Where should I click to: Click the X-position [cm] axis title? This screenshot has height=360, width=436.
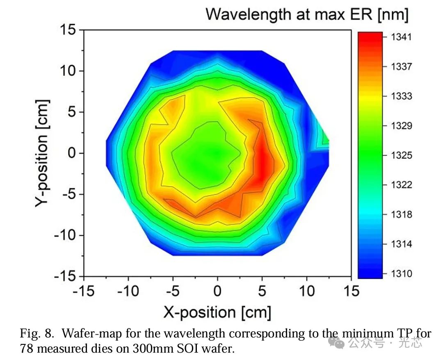217,312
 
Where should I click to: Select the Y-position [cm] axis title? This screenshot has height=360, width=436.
42,153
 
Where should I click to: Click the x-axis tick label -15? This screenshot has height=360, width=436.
83,291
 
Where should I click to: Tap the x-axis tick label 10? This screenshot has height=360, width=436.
306,291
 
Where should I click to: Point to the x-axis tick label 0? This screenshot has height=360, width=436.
217,291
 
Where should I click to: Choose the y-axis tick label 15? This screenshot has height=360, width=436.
68,30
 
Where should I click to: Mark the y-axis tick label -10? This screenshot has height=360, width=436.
64,235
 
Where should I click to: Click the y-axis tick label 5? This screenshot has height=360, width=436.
72,112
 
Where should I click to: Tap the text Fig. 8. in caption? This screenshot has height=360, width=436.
37,333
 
